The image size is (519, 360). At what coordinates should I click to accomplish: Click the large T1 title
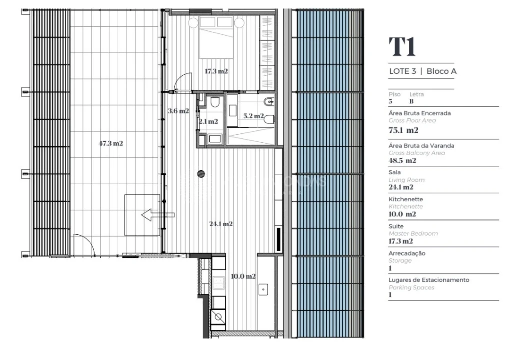coord(402,47)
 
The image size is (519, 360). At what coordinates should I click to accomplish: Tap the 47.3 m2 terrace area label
coord(111,143)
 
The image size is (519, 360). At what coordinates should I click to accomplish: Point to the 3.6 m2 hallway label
coord(178,111)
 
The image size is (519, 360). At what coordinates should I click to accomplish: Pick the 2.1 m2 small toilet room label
coord(208,121)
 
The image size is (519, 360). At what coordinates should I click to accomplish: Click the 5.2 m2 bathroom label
coord(253,116)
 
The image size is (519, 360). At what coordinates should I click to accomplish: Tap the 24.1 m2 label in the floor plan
coord(221,224)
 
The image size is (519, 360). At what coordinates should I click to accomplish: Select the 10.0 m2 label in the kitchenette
coord(243,276)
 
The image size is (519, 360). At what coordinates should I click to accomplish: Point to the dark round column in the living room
coord(201,174)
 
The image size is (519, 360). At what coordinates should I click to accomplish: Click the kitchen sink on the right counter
coord(264,288)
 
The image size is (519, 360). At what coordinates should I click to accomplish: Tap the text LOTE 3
coord(402,71)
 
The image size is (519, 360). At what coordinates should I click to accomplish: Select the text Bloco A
coord(441,71)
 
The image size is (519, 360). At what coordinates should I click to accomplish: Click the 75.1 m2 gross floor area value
coord(403,130)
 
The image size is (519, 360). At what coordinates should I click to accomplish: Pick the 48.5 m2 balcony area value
coord(402,161)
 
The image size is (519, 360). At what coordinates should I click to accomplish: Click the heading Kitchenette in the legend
coord(406,199)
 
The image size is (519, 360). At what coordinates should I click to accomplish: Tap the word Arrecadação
coord(407,253)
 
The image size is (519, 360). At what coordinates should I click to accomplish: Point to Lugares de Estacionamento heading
coord(429,280)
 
